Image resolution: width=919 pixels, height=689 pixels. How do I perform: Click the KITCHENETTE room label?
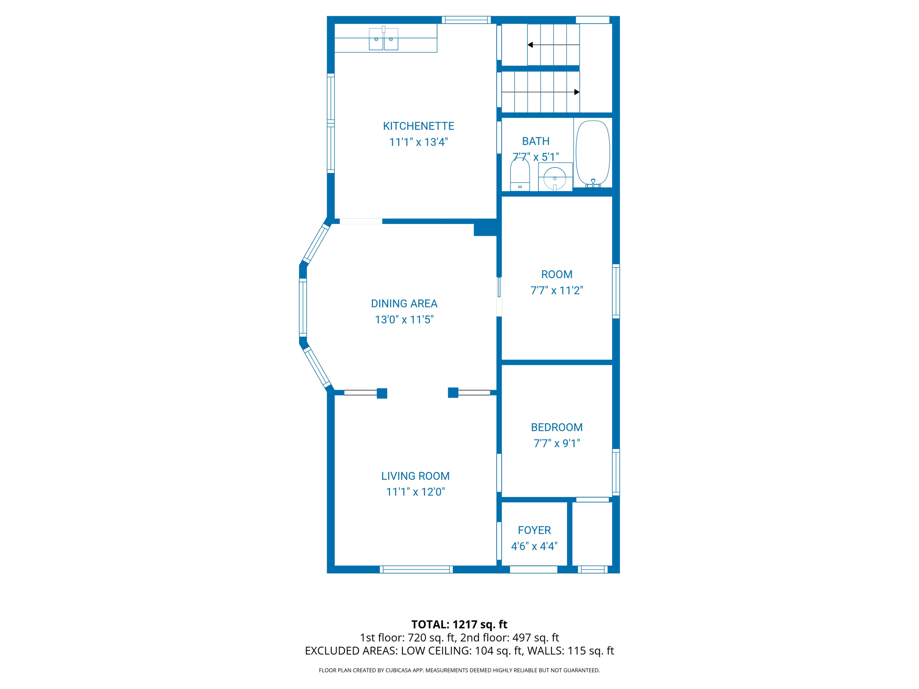click(x=418, y=126)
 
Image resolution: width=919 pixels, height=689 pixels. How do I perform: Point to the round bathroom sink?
click(x=555, y=178)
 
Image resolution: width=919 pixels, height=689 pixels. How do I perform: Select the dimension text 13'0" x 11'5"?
click(x=404, y=319)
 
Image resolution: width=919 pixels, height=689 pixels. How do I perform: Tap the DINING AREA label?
click(x=404, y=304)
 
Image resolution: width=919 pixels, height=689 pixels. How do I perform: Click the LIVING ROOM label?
click(x=415, y=476)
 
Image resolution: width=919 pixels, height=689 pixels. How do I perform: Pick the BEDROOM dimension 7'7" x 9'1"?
click(x=556, y=443)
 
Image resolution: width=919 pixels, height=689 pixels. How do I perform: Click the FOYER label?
click(x=534, y=530)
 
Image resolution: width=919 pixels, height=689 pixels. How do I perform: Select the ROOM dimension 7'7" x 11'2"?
click(x=556, y=290)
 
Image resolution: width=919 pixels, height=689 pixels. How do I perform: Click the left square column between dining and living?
click(x=382, y=393)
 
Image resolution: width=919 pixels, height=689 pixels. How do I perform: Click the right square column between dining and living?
click(x=453, y=392)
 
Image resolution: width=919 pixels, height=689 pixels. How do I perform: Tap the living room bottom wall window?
click(x=416, y=570)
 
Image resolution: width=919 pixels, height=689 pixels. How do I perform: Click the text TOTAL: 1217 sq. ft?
click(x=459, y=624)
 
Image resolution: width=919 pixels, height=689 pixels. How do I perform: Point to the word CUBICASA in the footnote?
click(x=397, y=670)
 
